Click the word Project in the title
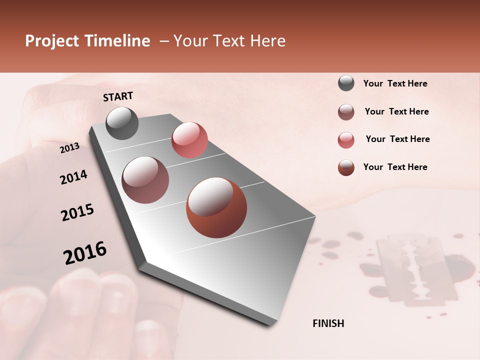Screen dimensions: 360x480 [x=51, y=41]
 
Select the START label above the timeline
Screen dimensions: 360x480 [x=118, y=96]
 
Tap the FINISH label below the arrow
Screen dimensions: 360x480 [x=328, y=323]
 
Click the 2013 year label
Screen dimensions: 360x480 [x=69, y=147]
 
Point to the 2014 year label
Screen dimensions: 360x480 [x=73, y=177]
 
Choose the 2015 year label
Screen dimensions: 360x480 [x=77, y=212]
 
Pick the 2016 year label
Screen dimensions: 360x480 [x=85, y=252]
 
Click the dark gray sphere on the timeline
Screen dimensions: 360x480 [x=122, y=123]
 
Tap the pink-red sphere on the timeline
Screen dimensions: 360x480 [x=189, y=139]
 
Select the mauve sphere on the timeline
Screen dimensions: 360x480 [x=145, y=180]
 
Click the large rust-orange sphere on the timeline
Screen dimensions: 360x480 [x=216, y=207]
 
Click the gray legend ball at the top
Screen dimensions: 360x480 [x=346, y=83]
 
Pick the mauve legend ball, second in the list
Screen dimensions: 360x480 [x=346, y=112]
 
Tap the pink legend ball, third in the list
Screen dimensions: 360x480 [x=346, y=140]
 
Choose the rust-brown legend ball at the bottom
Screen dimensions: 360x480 [x=346, y=167]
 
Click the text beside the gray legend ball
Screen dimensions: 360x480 [x=395, y=83]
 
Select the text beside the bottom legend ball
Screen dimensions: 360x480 [x=395, y=167]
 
